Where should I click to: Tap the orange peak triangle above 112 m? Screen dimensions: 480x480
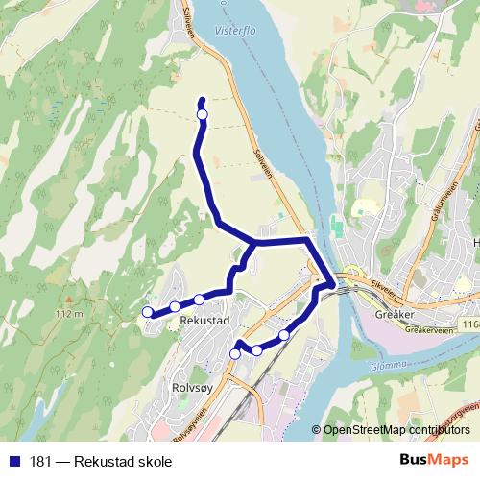pyautogui.click(x=69, y=301)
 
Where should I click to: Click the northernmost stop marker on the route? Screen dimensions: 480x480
pyautogui.click(x=202, y=115)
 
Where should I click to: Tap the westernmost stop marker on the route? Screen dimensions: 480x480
pyautogui.click(x=147, y=311)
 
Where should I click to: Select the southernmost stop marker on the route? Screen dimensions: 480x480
pyautogui.click(x=235, y=354)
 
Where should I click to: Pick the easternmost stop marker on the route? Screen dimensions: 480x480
pyautogui.click(x=284, y=334)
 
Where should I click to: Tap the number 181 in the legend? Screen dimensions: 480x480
pyautogui.click(x=41, y=461)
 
